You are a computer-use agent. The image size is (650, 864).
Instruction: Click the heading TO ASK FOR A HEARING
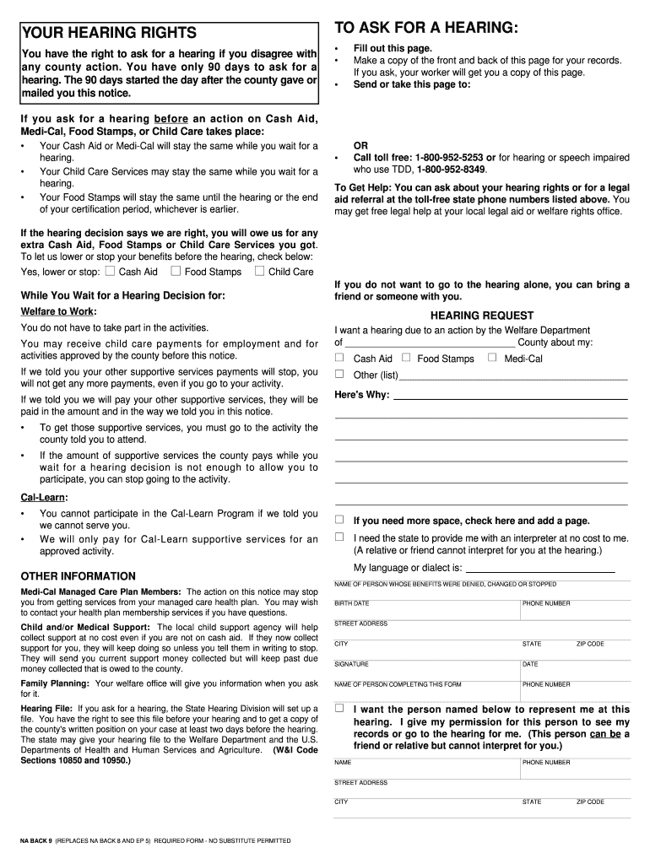coord(426,28)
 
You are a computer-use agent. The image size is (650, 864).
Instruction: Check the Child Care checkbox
coord(260,271)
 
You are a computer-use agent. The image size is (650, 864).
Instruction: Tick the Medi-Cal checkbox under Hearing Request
coord(493,358)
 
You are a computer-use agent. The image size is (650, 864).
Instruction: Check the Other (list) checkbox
coord(340,374)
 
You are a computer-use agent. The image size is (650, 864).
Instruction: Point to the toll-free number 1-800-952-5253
coord(449,158)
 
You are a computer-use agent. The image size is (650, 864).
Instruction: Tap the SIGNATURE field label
coord(351,664)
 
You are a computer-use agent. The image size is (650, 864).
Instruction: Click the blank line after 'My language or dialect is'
coord(540,568)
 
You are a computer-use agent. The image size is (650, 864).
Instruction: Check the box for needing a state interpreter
coord(340,537)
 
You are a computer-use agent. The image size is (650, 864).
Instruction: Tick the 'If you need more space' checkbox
coord(340,520)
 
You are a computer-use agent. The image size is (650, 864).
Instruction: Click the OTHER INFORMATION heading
coord(78,576)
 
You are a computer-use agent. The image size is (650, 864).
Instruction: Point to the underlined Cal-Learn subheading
coord(44,497)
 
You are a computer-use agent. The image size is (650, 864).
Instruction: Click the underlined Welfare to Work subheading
coord(58,311)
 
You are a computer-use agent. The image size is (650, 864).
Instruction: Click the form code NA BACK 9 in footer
coord(36,841)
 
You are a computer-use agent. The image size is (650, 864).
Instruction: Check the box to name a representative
coord(340,709)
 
